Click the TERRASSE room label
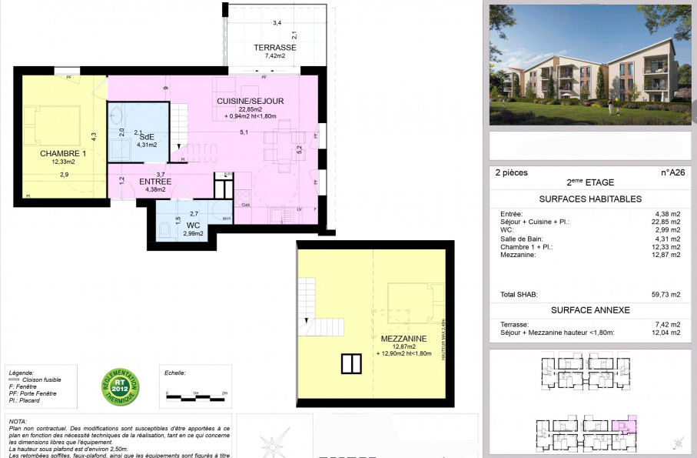(x=275, y=48)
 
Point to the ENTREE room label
(x=155, y=182)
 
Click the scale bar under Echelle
(x=194, y=398)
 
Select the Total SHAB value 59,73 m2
(x=665, y=295)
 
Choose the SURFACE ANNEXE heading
(x=590, y=310)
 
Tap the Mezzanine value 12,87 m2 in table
(x=665, y=255)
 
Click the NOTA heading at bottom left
(x=17, y=422)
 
